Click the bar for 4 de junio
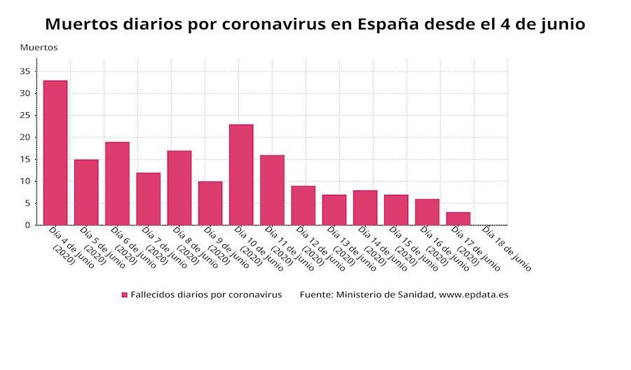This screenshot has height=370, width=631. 55,153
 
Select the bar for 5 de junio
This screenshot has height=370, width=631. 86,192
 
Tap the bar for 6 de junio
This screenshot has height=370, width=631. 117,184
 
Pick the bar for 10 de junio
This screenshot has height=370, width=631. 241,174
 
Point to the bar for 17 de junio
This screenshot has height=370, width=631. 458,219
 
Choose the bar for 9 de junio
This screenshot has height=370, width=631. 210,203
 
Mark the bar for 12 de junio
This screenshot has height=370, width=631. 303,205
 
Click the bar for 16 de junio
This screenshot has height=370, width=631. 427,212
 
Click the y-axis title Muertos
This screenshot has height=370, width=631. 39,48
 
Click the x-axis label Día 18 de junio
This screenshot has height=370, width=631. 506,249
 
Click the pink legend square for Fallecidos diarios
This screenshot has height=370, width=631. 124,295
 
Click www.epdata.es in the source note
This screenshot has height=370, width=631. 473,295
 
